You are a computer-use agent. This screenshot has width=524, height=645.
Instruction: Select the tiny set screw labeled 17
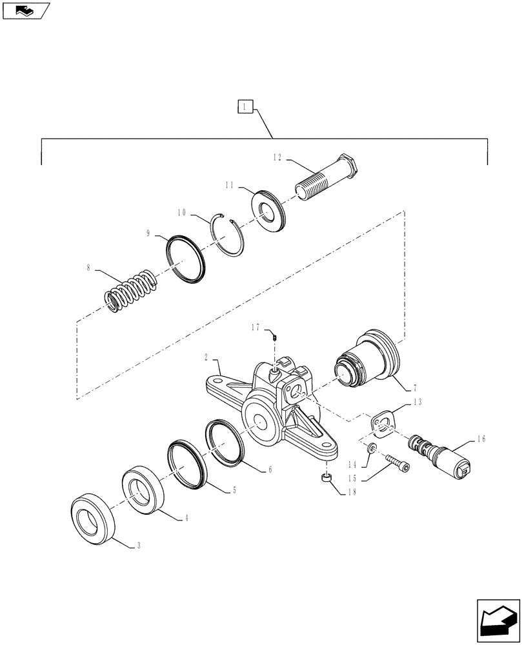coord(274,336)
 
